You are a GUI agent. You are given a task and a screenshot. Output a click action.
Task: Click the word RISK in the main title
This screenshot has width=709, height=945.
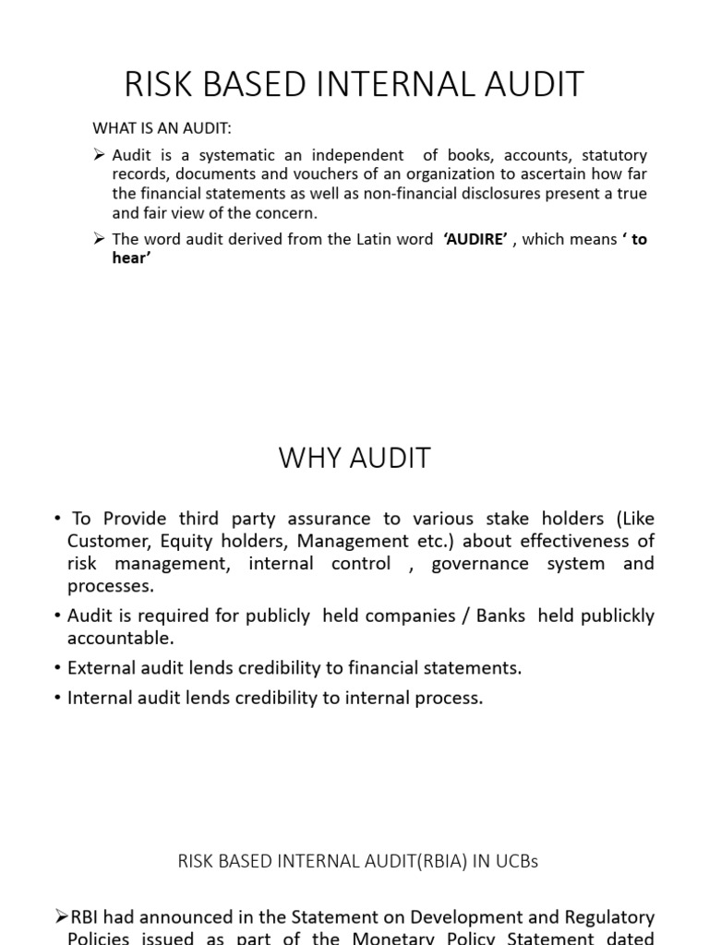[155, 84]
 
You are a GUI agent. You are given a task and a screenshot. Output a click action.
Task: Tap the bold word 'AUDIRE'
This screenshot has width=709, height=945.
[475, 239]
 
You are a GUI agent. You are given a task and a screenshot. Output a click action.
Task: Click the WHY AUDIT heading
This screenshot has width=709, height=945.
[354, 459]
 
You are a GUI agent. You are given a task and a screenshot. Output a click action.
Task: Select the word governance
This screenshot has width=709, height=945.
[477, 563]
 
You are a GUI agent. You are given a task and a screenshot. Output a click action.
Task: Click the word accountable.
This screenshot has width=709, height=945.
[120, 638]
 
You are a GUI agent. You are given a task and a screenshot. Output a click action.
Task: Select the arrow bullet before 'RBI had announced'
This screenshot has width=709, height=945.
[62, 917]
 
